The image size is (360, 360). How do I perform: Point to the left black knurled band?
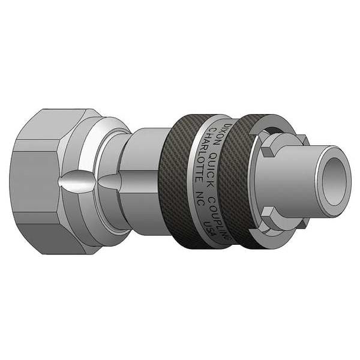point(186,180)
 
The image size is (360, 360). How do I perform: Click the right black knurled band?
point(243,180)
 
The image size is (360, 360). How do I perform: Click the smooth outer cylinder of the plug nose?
point(294,180)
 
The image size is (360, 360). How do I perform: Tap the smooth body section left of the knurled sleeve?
point(147,180)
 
